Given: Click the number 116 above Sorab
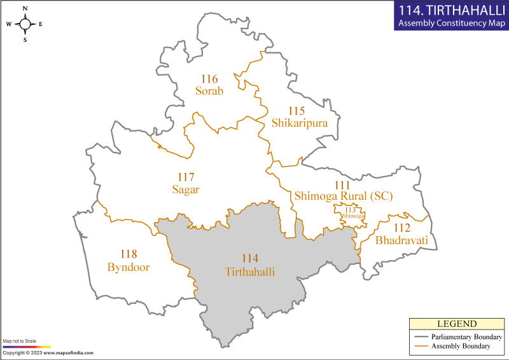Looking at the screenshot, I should coord(209,80).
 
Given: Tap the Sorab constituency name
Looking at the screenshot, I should coord(209,91).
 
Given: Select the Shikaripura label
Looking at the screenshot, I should coord(299,123).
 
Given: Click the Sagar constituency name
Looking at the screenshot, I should coord(186,189).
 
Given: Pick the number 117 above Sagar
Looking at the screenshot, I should coord(185,177).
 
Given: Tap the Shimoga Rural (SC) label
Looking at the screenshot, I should coord(343,197).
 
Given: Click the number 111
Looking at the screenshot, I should coord(333,184).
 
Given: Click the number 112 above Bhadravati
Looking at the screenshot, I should coord(402,228).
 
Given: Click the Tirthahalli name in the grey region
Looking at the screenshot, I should coord(250,271).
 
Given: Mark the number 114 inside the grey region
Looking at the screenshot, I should coord(250,259).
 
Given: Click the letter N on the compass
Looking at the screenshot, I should coord(25,8).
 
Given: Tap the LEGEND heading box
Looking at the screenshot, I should coord(456,324).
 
